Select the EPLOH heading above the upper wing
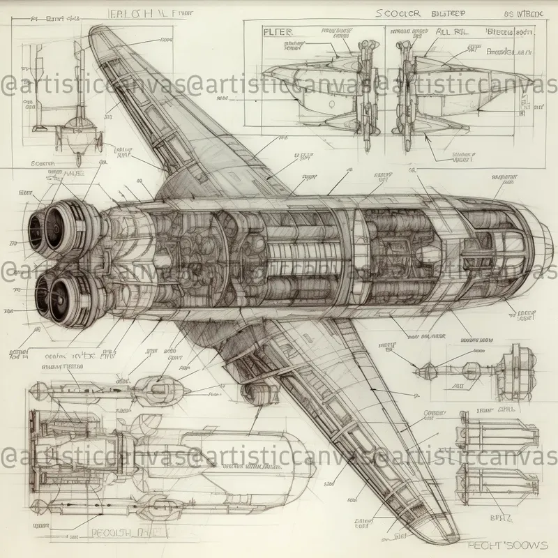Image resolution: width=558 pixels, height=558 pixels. coord(143,12)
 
